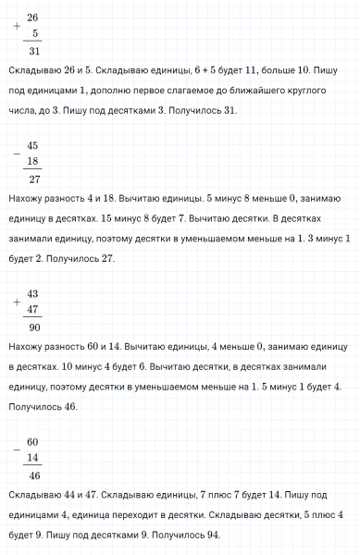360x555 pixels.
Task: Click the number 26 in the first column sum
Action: (33, 18)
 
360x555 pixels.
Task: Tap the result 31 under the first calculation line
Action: (34, 51)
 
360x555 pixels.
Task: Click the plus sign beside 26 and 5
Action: (17, 26)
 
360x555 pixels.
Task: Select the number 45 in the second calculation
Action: (33, 146)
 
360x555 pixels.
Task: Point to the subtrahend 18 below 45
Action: (33, 161)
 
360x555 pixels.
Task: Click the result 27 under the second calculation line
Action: (34, 179)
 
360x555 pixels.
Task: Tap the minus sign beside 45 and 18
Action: (17, 154)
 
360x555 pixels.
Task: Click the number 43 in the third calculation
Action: (33, 294)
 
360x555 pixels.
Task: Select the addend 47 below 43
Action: (33, 309)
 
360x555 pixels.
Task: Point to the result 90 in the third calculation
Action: (34, 327)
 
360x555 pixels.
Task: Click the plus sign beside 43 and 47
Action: (17, 302)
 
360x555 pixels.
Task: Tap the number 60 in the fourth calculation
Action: (33, 442)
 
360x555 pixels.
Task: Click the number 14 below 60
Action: (33, 457)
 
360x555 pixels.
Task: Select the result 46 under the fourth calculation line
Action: (34, 475)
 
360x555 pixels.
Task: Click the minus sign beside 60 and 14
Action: (17, 450)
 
